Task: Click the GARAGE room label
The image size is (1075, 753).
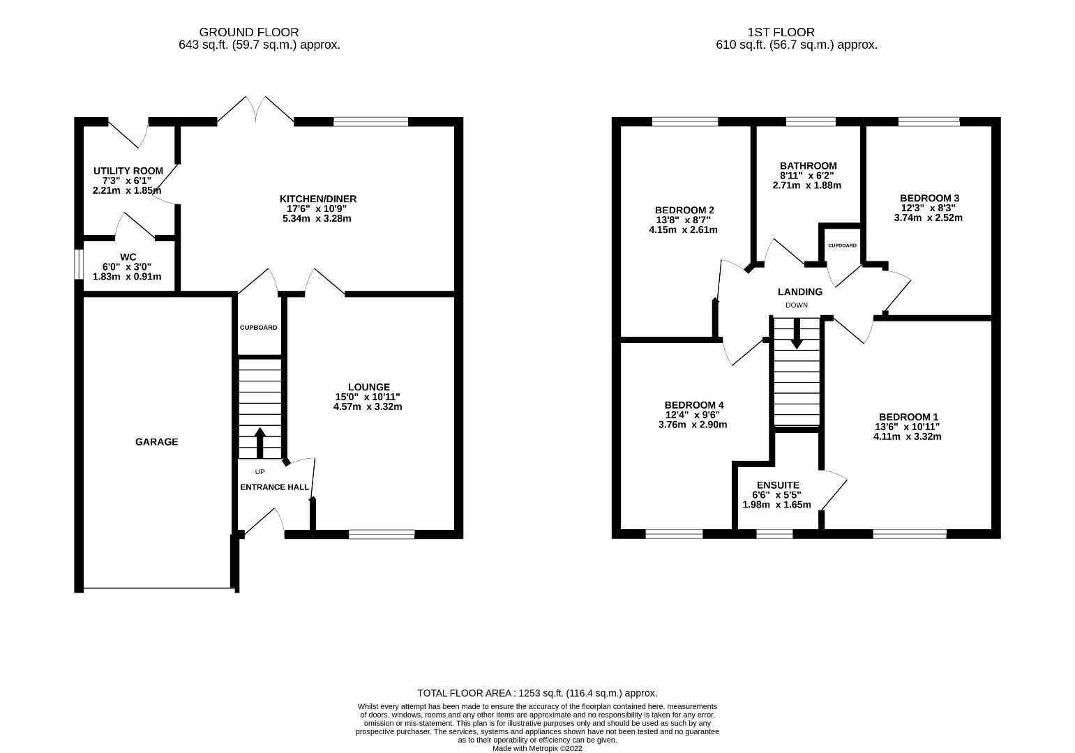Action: tap(156, 441)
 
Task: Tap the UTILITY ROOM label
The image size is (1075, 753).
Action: tap(128, 171)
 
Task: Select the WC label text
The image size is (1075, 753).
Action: tap(127, 257)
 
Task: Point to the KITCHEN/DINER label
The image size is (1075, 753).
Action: tap(317, 199)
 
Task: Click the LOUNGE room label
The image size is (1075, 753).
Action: tap(368, 387)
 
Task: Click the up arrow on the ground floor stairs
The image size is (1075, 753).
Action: tap(260, 441)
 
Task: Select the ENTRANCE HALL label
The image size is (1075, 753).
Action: tap(274, 487)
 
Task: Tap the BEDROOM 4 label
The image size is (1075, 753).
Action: tap(693, 405)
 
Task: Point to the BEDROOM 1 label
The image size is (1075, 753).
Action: tap(908, 417)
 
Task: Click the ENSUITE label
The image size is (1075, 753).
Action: tap(778, 485)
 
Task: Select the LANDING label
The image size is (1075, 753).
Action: tap(799, 292)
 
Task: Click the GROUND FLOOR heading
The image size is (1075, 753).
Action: tap(249, 32)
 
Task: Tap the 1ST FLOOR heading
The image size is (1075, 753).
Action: tap(781, 32)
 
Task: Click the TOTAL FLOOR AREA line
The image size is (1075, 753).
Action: tap(537, 693)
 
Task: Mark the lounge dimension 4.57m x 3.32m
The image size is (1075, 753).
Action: tap(368, 406)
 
